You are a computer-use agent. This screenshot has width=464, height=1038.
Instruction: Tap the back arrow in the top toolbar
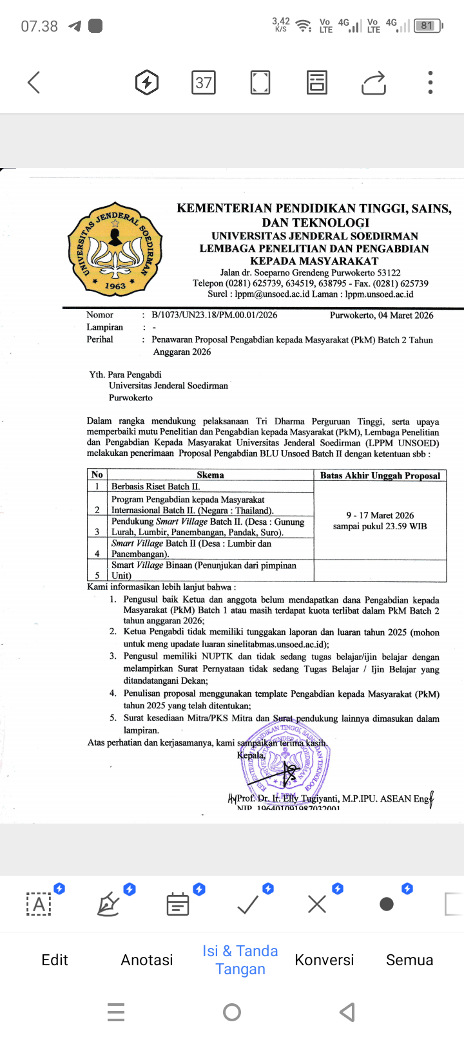pyautogui.click(x=34, y=82)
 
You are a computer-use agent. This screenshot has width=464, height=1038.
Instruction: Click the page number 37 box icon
pyautogui.click(x=204, y=82)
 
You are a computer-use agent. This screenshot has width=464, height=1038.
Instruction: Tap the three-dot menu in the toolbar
pyautogui.click(x=430, y=82)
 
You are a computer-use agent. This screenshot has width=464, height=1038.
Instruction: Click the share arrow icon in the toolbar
pyautogui.click(x=374, y=82)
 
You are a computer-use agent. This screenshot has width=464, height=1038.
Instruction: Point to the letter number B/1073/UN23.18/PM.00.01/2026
pyautogui.click(x=214, y=315)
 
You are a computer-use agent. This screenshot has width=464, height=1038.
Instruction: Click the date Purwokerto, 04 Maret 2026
pyautogui.click(x=382, y=316)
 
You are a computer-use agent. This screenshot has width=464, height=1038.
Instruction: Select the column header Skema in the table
pyautogui.click(x=210, y=475)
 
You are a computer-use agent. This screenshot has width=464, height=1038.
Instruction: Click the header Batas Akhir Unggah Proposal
pyautogui.click(x=380, y=476)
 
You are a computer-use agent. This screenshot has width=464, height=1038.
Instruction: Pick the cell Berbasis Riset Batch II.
pyautogui.click(x=156, y=487)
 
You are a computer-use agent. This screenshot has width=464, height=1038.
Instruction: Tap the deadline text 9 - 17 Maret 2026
pyautogui.click(x=380, y=515)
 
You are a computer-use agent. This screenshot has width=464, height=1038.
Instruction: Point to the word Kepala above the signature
pyautogui.click(x=251, y=755)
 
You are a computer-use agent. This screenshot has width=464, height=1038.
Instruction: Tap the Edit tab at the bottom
pyautogui.click(x=55, y=960)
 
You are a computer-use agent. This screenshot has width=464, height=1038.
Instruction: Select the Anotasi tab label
pyautogui.click(x=147, y=960)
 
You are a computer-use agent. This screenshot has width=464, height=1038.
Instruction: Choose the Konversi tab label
pyautogui.click(x=324, y=960)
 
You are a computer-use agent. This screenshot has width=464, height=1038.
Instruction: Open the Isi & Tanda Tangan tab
pyautogui.click(x=240, y=960)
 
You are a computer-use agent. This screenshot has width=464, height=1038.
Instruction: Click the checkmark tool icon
pyautogui.click(x=248, y=904)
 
